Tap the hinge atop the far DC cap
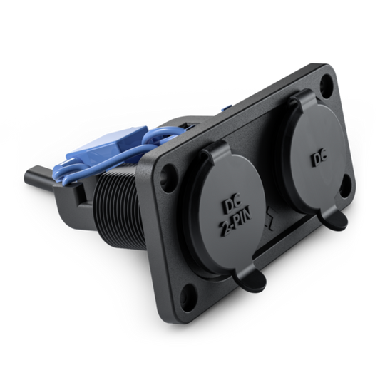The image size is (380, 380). click(300, 98)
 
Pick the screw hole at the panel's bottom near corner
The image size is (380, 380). click(187, 294)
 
